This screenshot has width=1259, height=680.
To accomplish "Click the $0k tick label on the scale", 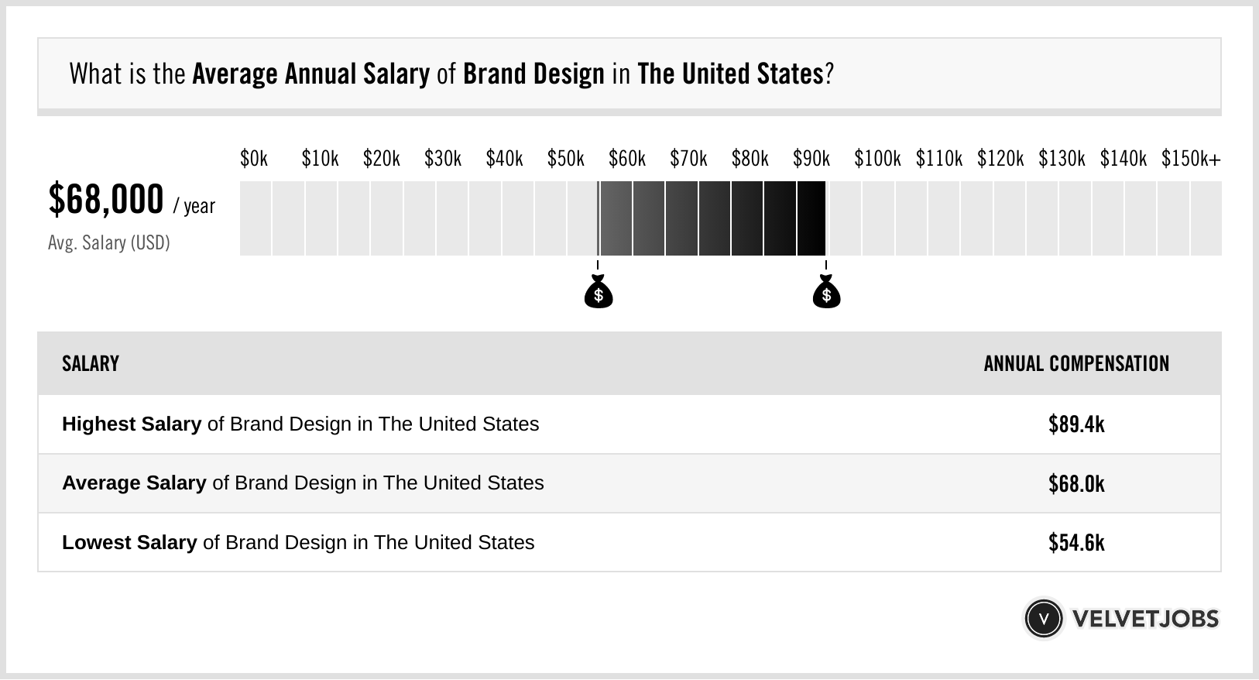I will pos(254,159).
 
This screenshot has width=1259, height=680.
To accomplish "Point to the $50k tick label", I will pos(566,159).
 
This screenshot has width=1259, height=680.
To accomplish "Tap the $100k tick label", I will pos(877,159).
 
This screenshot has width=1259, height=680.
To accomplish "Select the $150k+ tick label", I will pos(1191,159).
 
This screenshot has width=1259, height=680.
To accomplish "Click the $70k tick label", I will pos(688,159).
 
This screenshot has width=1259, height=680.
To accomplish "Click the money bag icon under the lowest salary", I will pos(599,293).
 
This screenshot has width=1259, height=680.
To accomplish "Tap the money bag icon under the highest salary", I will pos(826,293).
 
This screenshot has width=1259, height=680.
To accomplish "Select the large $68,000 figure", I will pos(106,200).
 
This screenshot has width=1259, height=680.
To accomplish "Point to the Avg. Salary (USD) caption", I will pos(109,243).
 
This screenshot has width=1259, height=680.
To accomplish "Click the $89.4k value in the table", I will pos(1076,424).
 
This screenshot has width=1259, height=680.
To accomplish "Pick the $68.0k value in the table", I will pos(1076,484).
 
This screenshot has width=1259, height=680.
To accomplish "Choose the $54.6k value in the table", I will pos(1076,543).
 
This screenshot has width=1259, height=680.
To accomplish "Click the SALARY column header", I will pos(91,364).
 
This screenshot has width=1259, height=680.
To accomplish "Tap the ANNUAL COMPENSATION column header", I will pos(1076,364).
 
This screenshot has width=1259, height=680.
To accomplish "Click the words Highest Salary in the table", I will pos(132,424).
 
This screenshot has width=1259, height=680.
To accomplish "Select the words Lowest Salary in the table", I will pos(129,543).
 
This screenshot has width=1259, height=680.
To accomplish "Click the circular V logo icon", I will pos(1043,619).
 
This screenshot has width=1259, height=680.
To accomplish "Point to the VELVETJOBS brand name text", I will pos(1145,619).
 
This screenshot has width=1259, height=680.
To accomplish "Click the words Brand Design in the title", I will pos(533,74).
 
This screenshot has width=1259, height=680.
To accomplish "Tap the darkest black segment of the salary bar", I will pos(811,218).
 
